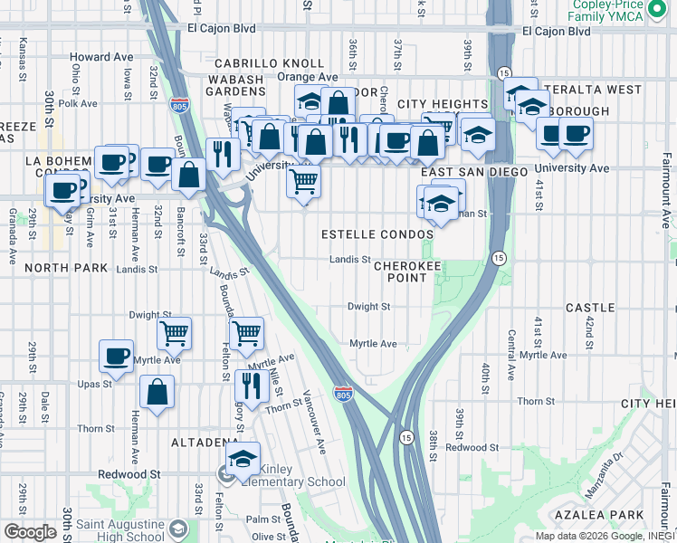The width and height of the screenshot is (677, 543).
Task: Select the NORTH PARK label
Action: click(x=66, y=269)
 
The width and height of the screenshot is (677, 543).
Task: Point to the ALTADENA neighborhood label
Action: click(x=205, y=443)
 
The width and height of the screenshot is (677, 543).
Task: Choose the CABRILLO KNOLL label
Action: click(x=269, y=63)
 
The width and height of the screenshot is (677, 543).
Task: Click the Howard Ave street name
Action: click(x=101, y=57)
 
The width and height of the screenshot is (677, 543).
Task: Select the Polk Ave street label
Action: click(x=78, y=104)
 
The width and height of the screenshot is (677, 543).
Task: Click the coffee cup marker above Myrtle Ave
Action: click(x=116, y=356)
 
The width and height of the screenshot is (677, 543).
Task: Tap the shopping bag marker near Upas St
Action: click(x=157, y=392)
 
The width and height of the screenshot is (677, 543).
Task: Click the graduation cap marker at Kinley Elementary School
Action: click(x=243, y=458)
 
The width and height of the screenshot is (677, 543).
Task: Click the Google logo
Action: click(x=30, y=531)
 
